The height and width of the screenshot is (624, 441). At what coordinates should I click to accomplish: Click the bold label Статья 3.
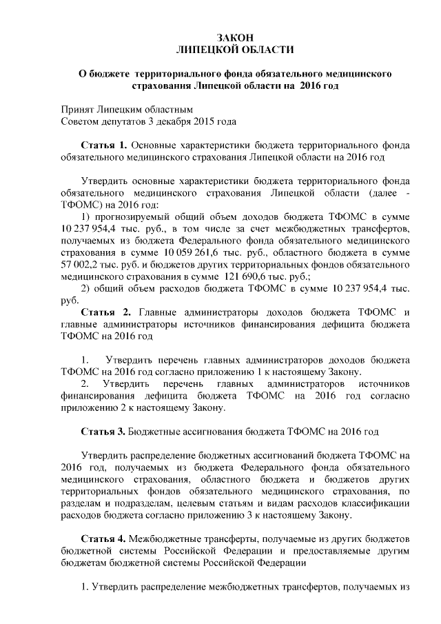[x=104, y=432]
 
